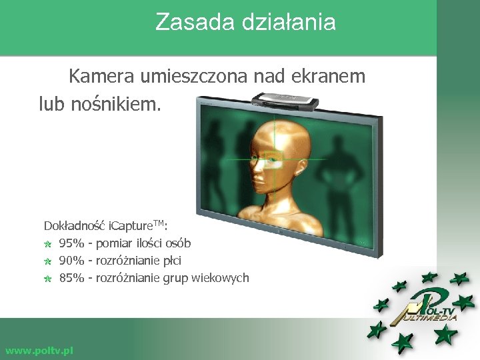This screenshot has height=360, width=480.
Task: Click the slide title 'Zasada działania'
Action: tap(245, 23)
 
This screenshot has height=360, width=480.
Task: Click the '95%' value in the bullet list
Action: tap(71, 243)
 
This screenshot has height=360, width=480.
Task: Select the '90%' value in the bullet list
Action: tap(71, 261)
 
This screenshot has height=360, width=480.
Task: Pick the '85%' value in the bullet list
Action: tap(71, 278)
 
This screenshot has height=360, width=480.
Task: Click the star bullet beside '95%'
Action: tap(48, 244)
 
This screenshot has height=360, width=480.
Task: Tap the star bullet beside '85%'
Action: tap(48, 279)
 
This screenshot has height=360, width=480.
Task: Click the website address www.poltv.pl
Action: tap(39, 350)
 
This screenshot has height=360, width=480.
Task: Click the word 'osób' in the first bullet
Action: tap(178, 243)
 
